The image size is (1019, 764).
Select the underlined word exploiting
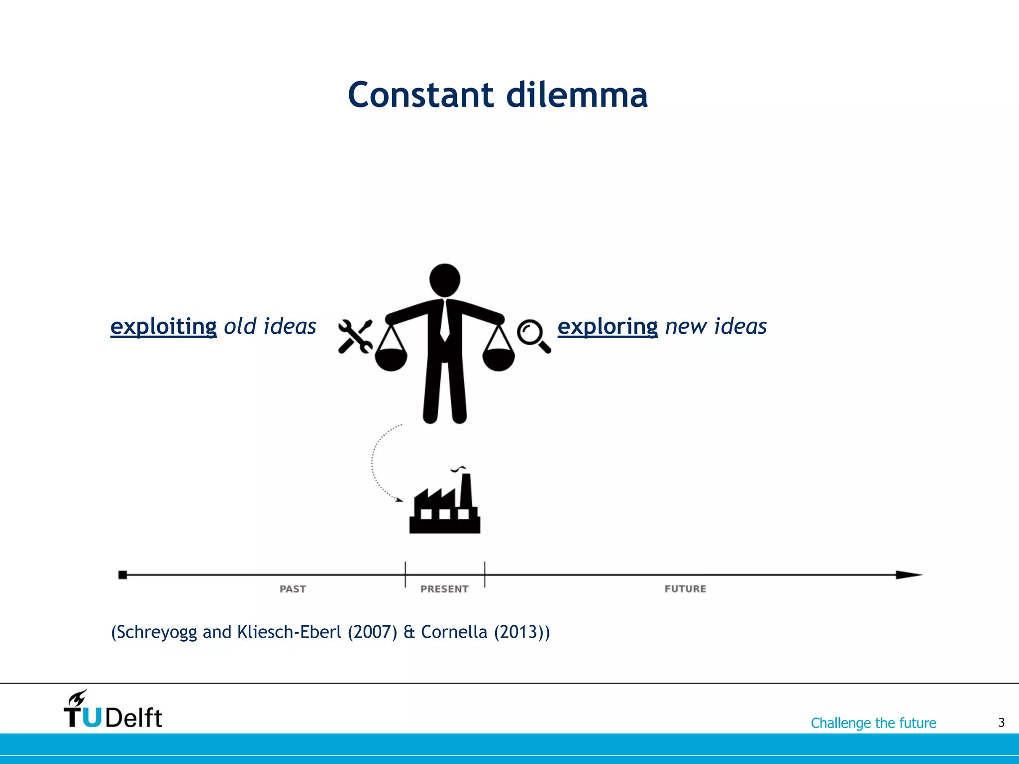[163, 327]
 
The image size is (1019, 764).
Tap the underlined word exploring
[607, 327]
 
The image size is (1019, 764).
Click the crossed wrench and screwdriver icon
[355, 336]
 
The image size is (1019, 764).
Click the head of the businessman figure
[444, 280]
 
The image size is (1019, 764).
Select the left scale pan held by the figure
[391, 358]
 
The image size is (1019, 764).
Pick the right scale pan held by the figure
[499, 358]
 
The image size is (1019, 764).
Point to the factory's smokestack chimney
[466, 490]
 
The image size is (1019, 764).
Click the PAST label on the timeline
[293, 589]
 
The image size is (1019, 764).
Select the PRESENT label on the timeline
[444, 589]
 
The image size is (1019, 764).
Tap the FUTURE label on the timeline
[685, 589]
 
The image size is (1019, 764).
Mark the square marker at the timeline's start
[122, 575]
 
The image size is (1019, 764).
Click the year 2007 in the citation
[372, 632]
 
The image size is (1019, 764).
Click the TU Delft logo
[113, 710]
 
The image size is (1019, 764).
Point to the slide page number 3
[1001, 722]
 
